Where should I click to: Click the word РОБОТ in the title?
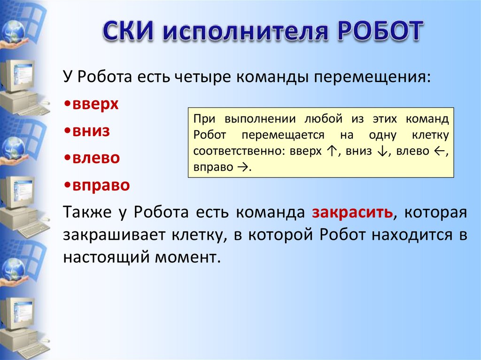pos(380,31)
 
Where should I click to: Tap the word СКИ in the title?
pos(128,31)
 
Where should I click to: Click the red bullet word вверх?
pos(95,104)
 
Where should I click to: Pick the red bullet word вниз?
pos(91,130)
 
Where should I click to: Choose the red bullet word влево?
pos(96,158)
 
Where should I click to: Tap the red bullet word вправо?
pos(101,185)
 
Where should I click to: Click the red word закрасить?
pos(352,212)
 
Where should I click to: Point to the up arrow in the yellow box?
pos(332,151)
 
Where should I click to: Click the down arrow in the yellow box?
pos(382,151)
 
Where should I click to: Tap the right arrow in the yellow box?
pos(242,167)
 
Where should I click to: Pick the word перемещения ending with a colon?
pos(372,77)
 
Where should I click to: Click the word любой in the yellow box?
pos(323,119)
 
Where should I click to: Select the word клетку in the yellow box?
pos(430,135)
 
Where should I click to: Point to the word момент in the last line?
pos(188,257)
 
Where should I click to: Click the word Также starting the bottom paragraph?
pos(87,212)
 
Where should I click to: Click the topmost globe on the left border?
pos(13,31)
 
